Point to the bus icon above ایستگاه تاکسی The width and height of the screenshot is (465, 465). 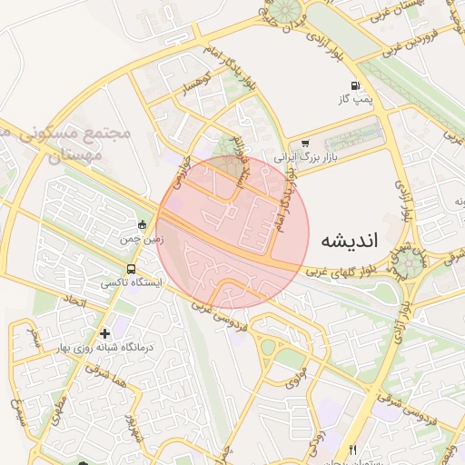point(133,270)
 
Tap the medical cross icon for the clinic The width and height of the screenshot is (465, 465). point(106,334)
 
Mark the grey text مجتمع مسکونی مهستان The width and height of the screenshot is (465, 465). point(86,144)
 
